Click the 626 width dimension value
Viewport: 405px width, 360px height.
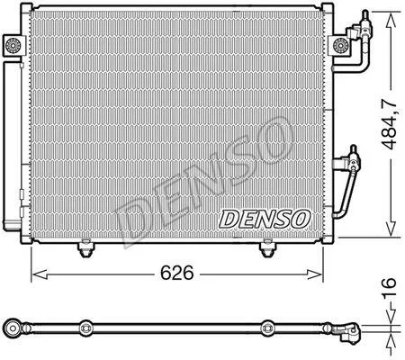(177, 273)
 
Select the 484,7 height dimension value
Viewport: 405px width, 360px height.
(390, 124)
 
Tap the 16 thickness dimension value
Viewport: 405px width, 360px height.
(390, 287)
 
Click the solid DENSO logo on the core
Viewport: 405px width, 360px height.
(265, 219)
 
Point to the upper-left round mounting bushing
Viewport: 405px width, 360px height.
(13, 46)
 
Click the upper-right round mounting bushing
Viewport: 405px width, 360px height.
(340, 46)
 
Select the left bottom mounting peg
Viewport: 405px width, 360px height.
(85, 248)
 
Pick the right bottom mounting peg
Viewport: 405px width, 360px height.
(267, 248)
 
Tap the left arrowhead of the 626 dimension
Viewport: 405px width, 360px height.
(40, 274)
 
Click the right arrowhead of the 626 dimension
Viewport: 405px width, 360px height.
(314, 274)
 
